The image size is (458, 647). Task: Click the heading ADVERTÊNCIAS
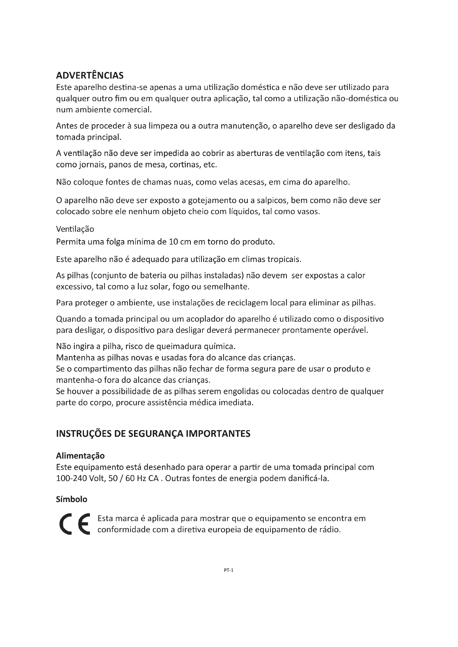90,76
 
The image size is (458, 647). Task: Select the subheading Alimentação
80,456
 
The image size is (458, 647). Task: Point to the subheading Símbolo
72,499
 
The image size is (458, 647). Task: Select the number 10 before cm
173,242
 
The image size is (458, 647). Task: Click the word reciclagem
247,303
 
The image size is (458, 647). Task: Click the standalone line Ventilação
75,229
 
